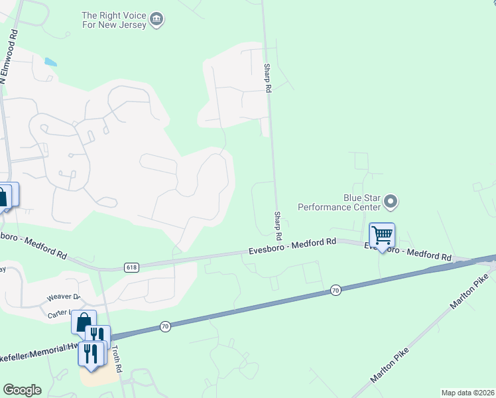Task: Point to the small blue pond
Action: [x=50, y=63]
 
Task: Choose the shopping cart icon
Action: [x=382, y=235]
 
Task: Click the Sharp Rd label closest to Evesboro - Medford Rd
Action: [x=278, y=226]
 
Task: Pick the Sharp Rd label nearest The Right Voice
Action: [x=268, y=78]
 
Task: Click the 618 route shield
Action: [x=131, y=267]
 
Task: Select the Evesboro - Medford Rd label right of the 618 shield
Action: [x=292, y=247]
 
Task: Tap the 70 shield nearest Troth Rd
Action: [x=165, y=326]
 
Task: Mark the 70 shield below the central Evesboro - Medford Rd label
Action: [x=336, y=290]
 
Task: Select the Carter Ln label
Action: [x=60, y=314]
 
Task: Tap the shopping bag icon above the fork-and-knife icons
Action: [x=84, y=322]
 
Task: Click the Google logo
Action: [x=22, y=390]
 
